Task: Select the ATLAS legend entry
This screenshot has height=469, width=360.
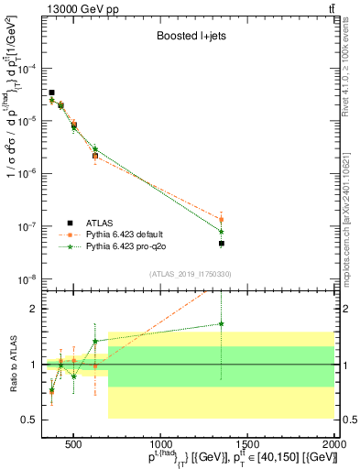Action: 101,223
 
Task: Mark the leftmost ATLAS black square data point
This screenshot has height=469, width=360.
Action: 51,93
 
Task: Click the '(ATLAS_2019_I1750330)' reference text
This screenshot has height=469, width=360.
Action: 189,274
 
